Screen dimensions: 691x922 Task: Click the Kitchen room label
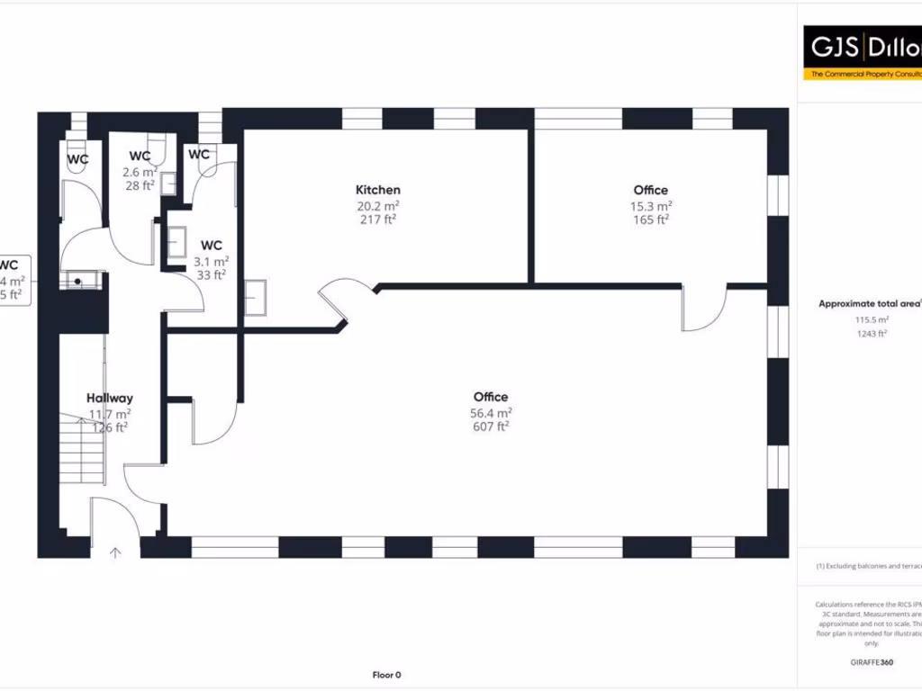(378, 190)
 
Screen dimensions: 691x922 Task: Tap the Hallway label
(110, 398)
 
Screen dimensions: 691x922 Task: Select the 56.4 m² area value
(491, 412)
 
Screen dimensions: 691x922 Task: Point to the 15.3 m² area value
(650, 205)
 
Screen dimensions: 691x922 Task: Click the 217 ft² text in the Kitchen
(378, 220)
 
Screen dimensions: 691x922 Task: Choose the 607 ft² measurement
(491, 427)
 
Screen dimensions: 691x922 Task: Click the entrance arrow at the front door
(115, 552)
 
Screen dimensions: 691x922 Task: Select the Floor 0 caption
(386, 675)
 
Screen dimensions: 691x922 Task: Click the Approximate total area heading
(869, 304)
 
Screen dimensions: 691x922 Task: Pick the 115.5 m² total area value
(872, 319)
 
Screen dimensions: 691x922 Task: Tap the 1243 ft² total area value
(872, 334)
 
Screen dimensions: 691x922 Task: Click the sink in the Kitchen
(256, 298)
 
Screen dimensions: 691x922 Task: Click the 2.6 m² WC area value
(140, 171)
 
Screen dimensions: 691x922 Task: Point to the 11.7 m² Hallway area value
(110, 413)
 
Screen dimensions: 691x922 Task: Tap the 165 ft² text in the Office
(650, 220)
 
